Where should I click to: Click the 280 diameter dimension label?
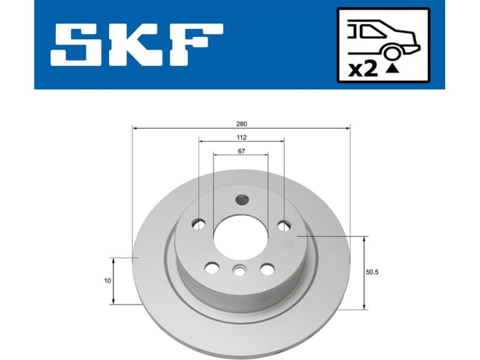241,124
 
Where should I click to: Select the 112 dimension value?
241,137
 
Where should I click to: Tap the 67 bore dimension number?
241,151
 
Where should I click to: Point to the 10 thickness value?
106,280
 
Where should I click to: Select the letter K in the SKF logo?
136,46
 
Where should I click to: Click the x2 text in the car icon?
363,69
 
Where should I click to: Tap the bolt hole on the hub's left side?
199,224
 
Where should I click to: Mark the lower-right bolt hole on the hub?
267,269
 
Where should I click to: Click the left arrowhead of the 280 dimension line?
135,128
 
